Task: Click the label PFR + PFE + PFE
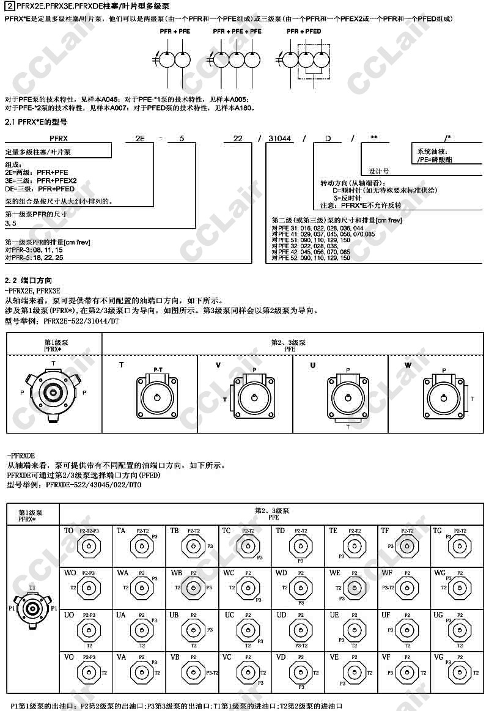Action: (237, 31)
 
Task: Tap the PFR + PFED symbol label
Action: (304, 31)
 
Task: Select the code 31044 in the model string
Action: (279, 139)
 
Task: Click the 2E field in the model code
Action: (139, 139)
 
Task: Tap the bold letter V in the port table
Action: (218, 365)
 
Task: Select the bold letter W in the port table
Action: (408, 365)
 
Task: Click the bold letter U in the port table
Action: (313, 365)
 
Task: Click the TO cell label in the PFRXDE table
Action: (69, 531)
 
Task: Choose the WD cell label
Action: (281, 573)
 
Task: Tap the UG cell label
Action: (438, 615)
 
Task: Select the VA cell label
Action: (122, 657)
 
